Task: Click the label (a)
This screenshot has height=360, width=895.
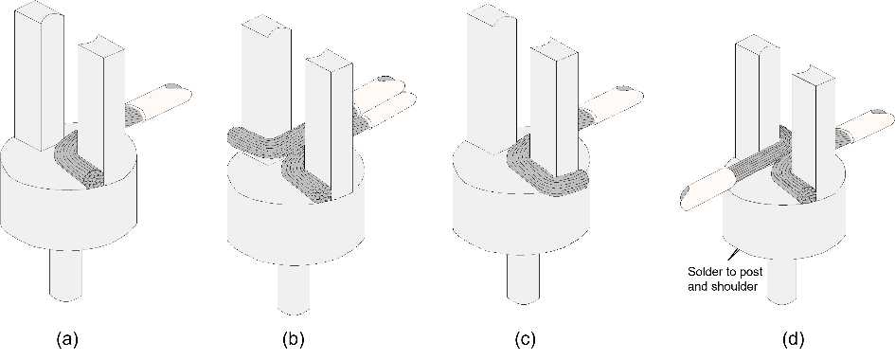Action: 67,340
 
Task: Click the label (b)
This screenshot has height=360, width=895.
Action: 293,340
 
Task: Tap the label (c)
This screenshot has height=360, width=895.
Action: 525,340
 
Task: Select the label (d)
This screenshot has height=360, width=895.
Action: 793,340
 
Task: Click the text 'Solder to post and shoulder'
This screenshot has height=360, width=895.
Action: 723,279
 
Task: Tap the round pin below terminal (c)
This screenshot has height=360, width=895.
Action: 522,277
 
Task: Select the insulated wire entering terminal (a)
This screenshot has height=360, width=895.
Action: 158,104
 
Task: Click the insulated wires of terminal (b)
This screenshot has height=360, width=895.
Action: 384,99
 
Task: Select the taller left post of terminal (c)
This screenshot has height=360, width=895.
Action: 492,80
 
